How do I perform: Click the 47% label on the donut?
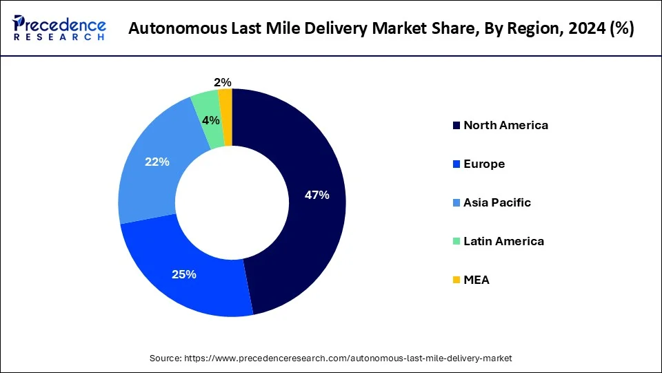pos(317,195)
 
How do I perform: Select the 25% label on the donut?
pos(185,274)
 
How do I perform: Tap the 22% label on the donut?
pos(157,162)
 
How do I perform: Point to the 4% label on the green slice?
pos(211,120)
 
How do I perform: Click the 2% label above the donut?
pos(223,83)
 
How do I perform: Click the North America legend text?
pos(505,125)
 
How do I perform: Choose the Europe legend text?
pos(484,164)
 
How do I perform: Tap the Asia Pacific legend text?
pos(497,202)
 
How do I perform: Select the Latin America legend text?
pos(503,241)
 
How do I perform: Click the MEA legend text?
pos(477,280)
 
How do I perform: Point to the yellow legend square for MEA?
pos(456,280)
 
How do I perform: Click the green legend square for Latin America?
pos(456,241)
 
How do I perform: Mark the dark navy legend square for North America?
pos(456,126)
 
